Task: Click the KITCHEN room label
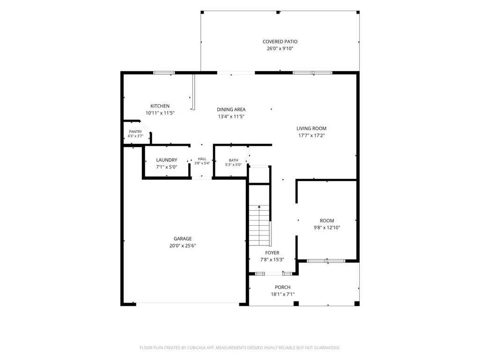[x=160, y=106]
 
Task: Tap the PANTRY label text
[x=135, y=132]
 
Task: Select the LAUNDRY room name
[x=167, y=160]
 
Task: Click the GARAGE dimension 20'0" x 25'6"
[x=183, y=245]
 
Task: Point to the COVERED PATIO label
[x=280, y=42]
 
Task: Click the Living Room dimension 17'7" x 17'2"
[x=311, y=135]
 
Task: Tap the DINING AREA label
[x=231, y=109]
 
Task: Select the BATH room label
[x=233, y=160]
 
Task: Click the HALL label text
[x=202, y=159]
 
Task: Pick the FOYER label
[x=272, y=252]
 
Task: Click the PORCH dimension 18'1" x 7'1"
[x=282, y=294]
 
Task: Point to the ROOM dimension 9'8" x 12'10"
[x=326, y=228]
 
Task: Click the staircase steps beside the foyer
[x=259, y=225]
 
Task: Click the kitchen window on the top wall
[x=164, y=73]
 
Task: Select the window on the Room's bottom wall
[x=326, y=261]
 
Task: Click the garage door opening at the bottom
[x=187, y=303]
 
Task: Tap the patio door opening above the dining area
[x=236, y=73]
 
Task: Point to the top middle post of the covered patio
[x=278, y=12]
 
